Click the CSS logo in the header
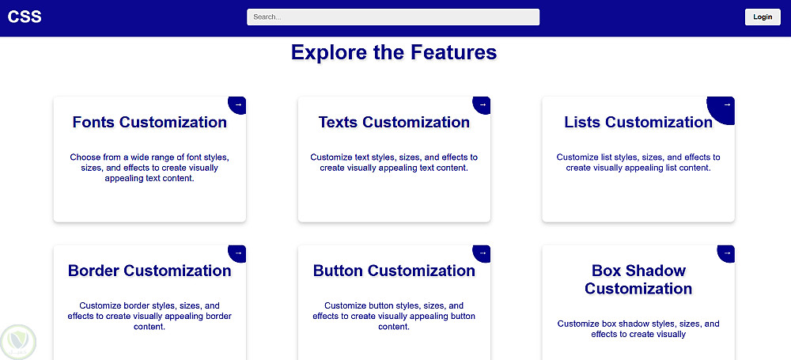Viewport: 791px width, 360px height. tap(25, 17)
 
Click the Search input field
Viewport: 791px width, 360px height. tap(393, 17)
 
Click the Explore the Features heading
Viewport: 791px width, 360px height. tap(394, 52)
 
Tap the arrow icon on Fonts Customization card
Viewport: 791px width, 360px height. tap(238, 104)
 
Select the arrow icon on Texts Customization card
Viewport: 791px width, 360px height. tap(483, 104)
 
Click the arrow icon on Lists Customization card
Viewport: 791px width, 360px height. tap(727, 104)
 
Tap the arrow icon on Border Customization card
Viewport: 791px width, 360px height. tap(238, 252)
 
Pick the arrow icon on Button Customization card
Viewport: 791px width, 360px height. tap(483, 252)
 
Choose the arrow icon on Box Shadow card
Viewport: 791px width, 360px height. tap(727, 252)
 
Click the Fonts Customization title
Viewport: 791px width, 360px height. tap(149, 122)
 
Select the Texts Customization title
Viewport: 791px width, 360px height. tap(394, 122)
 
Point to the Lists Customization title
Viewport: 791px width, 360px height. tap(638, 122)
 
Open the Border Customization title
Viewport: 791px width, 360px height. tap(149, 271)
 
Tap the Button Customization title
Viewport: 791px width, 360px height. tap(394, 271)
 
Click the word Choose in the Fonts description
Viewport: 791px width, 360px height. tap(85, 157)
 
